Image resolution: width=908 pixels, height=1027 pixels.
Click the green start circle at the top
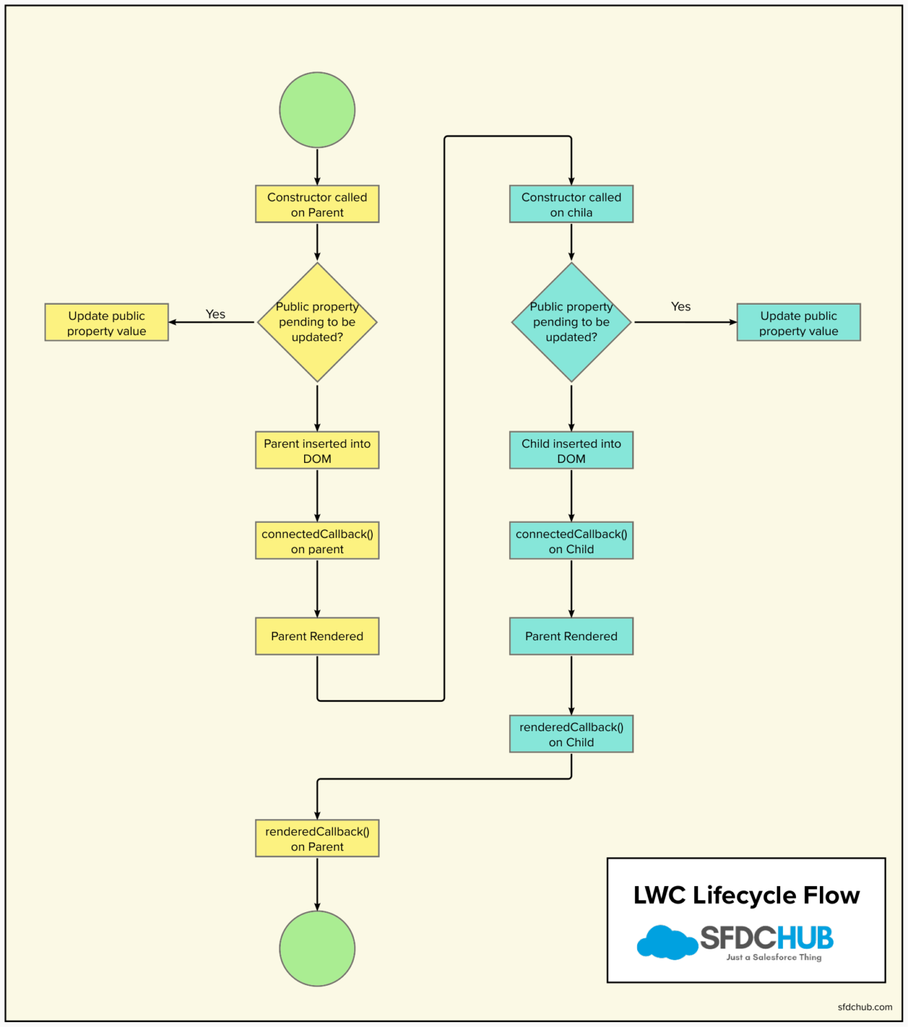317,110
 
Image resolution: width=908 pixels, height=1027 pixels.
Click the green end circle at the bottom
317,948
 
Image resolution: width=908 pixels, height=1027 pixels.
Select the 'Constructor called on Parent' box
317,204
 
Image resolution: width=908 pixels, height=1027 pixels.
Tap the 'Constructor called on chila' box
571,204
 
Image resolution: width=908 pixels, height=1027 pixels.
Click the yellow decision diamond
317,322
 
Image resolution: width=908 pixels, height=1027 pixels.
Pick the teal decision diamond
571,322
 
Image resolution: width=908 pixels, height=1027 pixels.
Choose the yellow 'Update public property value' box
107,323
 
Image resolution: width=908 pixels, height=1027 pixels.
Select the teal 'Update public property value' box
799,323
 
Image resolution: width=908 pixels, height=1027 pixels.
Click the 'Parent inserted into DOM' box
317,451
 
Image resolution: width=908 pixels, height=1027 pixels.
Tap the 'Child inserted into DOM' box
571,451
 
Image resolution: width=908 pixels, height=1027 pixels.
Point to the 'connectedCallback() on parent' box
317,541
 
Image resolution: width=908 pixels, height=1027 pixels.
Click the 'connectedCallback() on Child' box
571,541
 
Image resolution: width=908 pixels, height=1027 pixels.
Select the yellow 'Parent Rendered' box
317,636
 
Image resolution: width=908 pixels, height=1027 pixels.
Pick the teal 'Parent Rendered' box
571,636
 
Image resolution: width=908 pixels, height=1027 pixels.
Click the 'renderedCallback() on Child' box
571,734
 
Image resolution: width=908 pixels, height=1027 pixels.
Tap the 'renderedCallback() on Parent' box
317,839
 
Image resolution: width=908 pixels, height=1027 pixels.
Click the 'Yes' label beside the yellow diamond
215,314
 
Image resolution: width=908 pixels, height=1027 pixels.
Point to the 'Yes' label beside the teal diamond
680,307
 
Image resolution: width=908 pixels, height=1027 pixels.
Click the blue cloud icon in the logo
666,942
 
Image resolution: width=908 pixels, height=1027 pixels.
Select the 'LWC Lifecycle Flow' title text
746,895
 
